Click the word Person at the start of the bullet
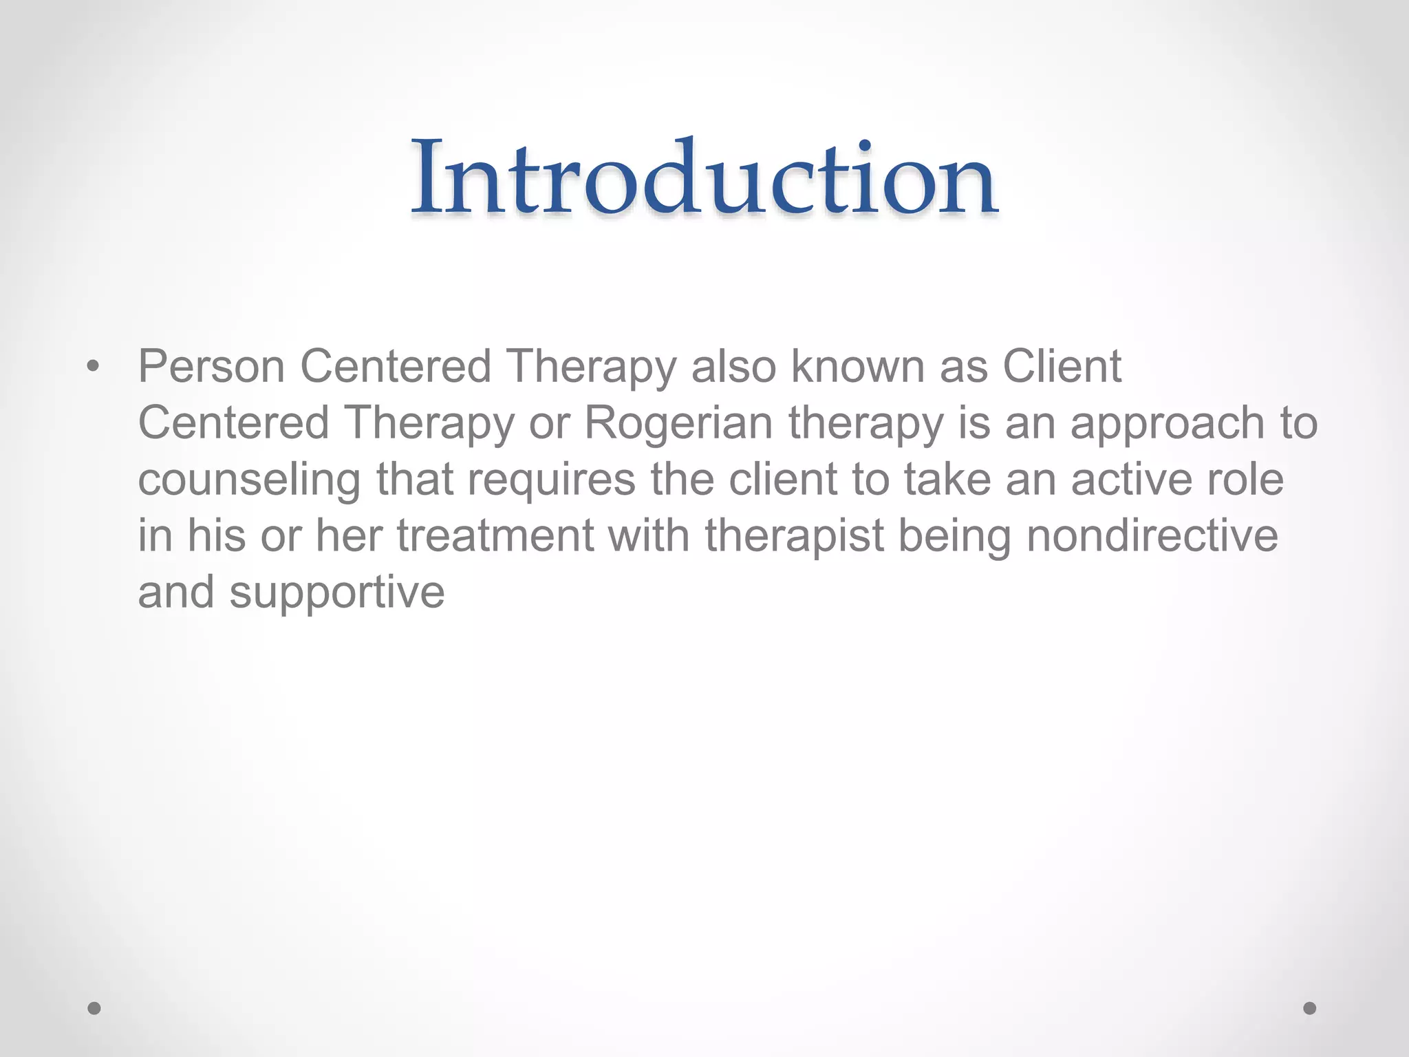(211, 366)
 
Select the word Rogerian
(678, 423)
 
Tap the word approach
(1167, 424)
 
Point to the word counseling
(249, 480)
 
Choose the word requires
(552, 480)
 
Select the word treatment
(495, 535)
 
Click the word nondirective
(1152, 535)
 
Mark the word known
(858, 366)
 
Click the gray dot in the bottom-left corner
(94, 1008)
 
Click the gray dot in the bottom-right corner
(1310, 1008)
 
